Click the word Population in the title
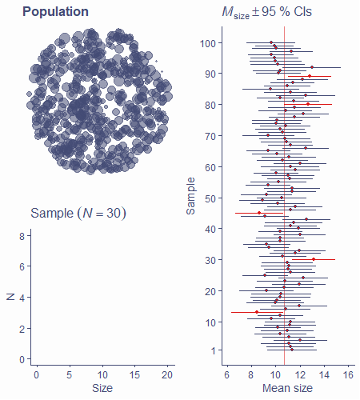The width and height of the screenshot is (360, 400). [x=55, y=12]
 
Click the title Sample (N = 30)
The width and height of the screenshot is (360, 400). [x=78, y=214]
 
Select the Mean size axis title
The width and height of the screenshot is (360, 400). [x=287, y=388]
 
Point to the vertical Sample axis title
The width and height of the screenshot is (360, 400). [x=190, y=196]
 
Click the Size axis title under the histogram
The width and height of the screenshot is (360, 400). [x=102, y=388]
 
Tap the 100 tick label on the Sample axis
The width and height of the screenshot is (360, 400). [x=208, y=43]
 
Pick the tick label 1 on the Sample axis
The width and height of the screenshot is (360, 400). [x=214, y=350]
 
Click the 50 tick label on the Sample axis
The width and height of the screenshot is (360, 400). [x=210, y=198]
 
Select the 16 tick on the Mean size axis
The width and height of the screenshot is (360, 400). [x=348, y=374]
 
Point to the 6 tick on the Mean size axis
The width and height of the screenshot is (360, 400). [x=226, y=374]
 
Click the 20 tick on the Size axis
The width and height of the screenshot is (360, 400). [x=167, y=374]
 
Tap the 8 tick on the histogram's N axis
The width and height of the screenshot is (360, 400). [x=22, y=236]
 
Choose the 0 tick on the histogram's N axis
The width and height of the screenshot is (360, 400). [x=22, y=360]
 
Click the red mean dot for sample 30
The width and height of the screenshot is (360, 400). [x=314, y=259]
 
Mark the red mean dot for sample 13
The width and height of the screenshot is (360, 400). [x=257, y=312]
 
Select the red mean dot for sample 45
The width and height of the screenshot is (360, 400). [x=259, y=213]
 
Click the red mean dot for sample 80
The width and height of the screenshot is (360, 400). [x=308, y=104]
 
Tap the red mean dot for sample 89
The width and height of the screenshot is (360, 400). [x=310, y=76]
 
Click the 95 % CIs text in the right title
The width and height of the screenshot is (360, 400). [x=286, y=12]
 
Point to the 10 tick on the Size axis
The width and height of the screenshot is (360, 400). [x=102, y=374]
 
